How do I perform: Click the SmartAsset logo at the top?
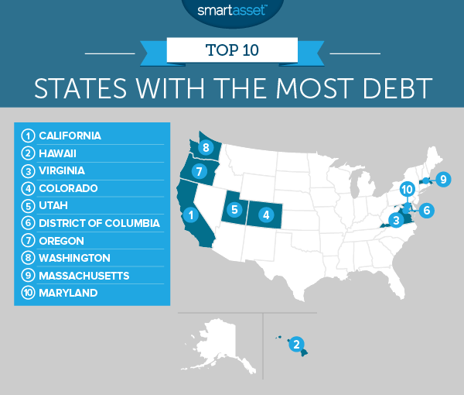tap(232, 11)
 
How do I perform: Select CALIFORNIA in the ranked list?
tap(70, 136)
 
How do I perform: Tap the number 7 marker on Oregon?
tap(199, 171)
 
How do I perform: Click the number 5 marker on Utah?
tap(233, 208)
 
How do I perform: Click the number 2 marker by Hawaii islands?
tap(295, 344)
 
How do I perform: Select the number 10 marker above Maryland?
tap(408, 188)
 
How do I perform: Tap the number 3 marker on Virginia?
tap(396, 221)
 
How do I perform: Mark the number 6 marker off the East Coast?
tap(427, 209)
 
